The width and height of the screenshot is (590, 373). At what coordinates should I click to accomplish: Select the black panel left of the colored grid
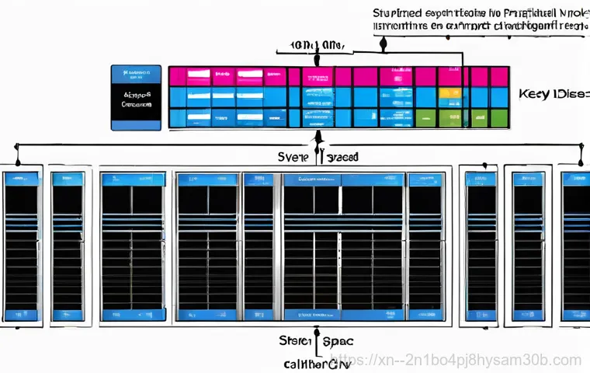coord(136,97)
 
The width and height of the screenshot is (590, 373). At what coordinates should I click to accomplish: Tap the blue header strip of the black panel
coord(136,74)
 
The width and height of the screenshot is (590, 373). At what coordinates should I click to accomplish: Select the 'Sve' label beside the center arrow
coord(293,156)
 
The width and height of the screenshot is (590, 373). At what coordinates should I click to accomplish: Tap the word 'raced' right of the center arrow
coord(342,156)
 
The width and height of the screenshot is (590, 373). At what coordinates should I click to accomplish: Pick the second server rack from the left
coord(68,245)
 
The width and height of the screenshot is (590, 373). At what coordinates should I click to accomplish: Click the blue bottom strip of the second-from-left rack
coord(68,315)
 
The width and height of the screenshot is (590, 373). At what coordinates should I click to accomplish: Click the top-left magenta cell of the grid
coord(178,76)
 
